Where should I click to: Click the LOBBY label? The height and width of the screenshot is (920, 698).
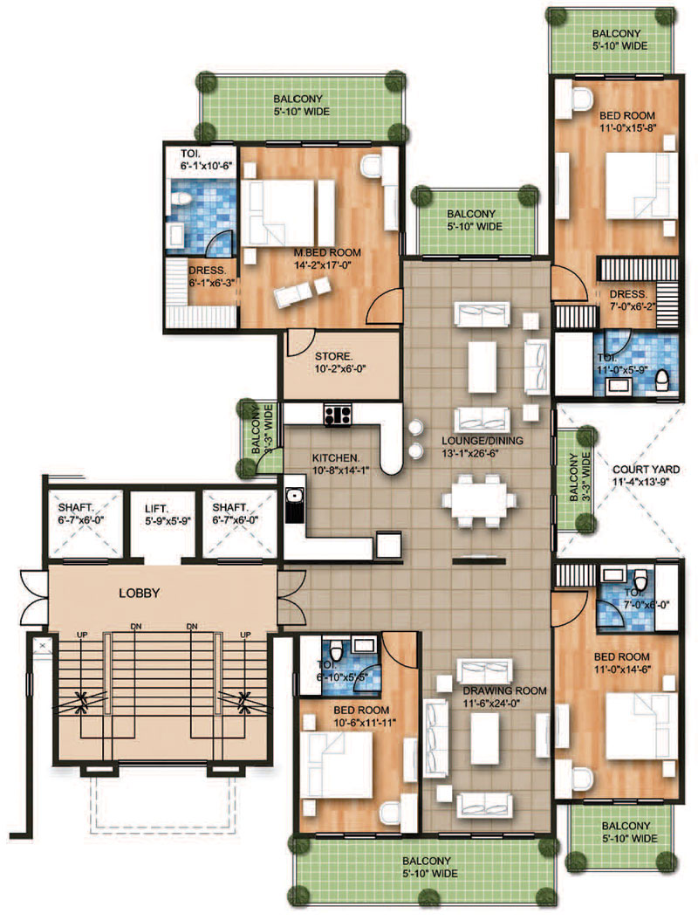[139, 594]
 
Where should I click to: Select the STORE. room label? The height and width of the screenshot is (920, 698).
[334, 356]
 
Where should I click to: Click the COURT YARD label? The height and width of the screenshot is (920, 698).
[646, 470]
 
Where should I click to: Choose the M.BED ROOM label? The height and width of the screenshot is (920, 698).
[327, 252]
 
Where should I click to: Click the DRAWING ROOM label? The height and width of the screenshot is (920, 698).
[504, 690]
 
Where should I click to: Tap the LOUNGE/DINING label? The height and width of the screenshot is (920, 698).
[482, 441]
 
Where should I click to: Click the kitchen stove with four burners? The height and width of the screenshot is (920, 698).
[338, 415]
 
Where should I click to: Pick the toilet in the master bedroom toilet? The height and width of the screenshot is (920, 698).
[181, 200]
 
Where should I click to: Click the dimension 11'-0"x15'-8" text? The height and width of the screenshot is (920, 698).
[627, 128]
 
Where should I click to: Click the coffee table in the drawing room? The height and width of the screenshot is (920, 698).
[484, 738]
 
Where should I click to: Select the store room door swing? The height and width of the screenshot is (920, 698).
[300, 343]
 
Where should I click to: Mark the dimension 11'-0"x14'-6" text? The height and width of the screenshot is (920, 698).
[622, 669]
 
